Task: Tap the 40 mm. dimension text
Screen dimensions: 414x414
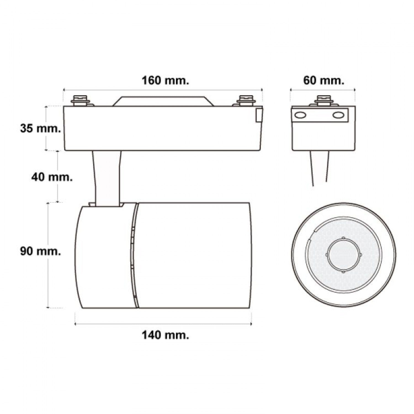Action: coord(52,177)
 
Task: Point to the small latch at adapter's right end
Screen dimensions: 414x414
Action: coord(259,115)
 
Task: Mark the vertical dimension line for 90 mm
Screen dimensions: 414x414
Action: coord(49,255)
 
